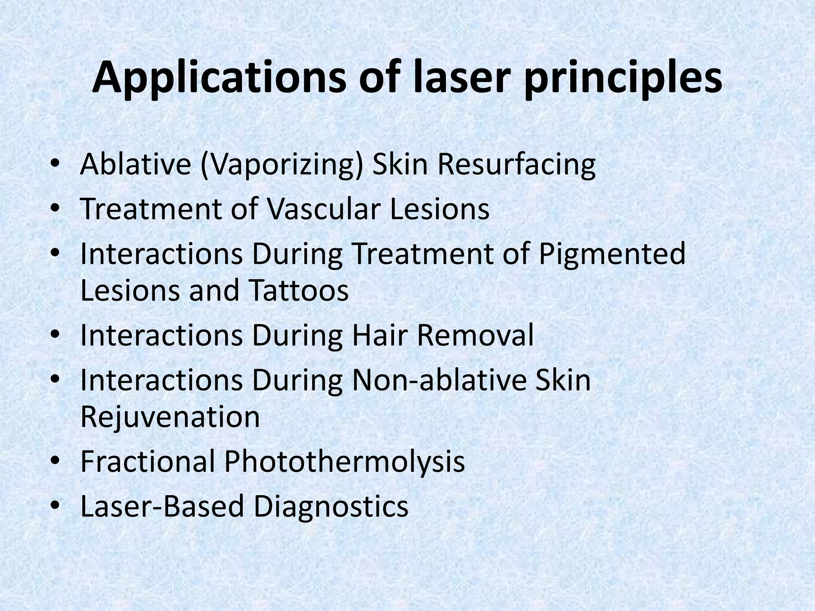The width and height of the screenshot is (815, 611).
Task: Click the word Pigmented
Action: [x=612, y=255]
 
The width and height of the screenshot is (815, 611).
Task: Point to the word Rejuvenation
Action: [x=170, y=416]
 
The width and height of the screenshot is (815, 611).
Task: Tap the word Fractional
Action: [x=148, y=461]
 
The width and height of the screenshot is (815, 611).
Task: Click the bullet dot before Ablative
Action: [x=55, y=165]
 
